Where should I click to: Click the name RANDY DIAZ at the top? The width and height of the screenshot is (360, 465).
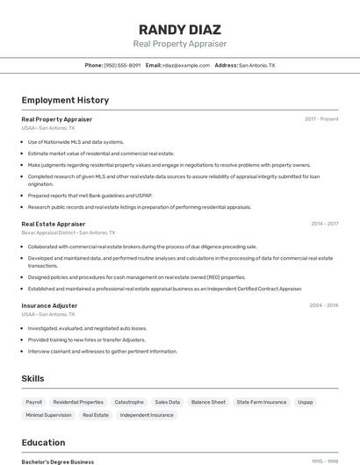point(180,29)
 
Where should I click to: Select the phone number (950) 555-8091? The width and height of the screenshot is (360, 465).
point(122,65)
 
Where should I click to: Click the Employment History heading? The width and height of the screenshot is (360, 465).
point(65,100)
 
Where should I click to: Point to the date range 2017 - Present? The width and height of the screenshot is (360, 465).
point(321,118)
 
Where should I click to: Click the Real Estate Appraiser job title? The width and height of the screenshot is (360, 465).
point(54,224)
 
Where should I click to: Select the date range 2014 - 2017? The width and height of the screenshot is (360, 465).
point(324,224)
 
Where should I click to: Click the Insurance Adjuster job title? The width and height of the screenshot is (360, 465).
point(49,305)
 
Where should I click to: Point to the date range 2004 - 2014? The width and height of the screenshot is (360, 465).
point(323,305)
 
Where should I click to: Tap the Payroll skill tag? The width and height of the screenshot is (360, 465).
point(34,402)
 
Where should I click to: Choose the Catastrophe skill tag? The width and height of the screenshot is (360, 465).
point(129,402)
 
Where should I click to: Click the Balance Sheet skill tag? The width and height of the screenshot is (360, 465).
point(208,402)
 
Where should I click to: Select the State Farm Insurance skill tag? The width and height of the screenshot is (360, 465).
point(262,402)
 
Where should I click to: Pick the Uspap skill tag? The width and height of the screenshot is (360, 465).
point(306,402)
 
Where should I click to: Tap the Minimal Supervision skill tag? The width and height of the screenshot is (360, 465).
point(48,415)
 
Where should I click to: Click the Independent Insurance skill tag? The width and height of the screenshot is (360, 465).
point(147,415)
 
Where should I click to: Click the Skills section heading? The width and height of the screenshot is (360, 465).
point(33,378)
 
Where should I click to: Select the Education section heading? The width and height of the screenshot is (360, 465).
point(44,442)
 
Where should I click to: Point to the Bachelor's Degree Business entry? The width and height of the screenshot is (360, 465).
point(58,461)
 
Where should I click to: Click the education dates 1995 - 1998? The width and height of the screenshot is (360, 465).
point(325,461)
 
